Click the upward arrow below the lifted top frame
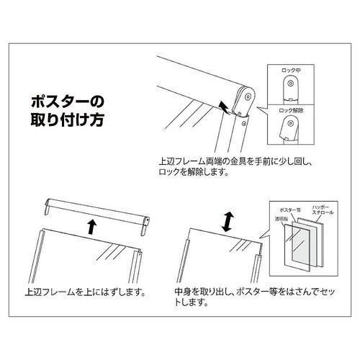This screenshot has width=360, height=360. point(91,228)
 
